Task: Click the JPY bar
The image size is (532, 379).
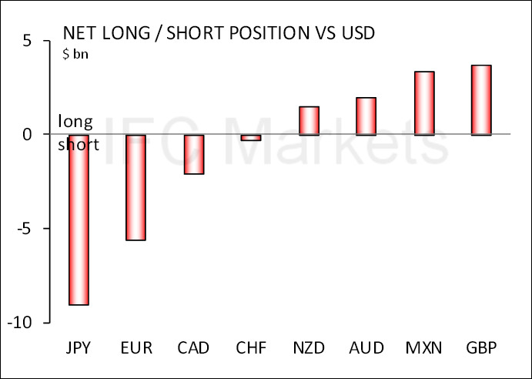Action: (79, 220)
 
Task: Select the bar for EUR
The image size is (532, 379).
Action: (136, 187)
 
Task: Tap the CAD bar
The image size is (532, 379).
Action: (193, 154)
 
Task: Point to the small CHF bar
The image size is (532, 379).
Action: (251, 138)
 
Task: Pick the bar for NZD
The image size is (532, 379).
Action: (309, 121)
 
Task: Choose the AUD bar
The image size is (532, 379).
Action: (366, 116)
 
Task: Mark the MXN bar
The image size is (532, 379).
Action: (424, 103)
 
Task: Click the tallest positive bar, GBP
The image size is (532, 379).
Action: (482, 100)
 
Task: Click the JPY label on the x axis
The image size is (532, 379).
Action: (79, 347)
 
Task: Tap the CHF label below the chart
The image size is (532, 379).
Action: (251, 347)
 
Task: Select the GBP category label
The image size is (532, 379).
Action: (482, 347)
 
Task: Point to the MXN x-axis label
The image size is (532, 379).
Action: (424, 347)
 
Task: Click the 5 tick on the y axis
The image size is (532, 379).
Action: (26, 41)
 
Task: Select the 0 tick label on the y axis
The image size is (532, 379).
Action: (26, 135)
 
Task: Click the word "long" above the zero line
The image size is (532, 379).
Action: (75, 122)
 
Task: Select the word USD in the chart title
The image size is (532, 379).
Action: (352, 34)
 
